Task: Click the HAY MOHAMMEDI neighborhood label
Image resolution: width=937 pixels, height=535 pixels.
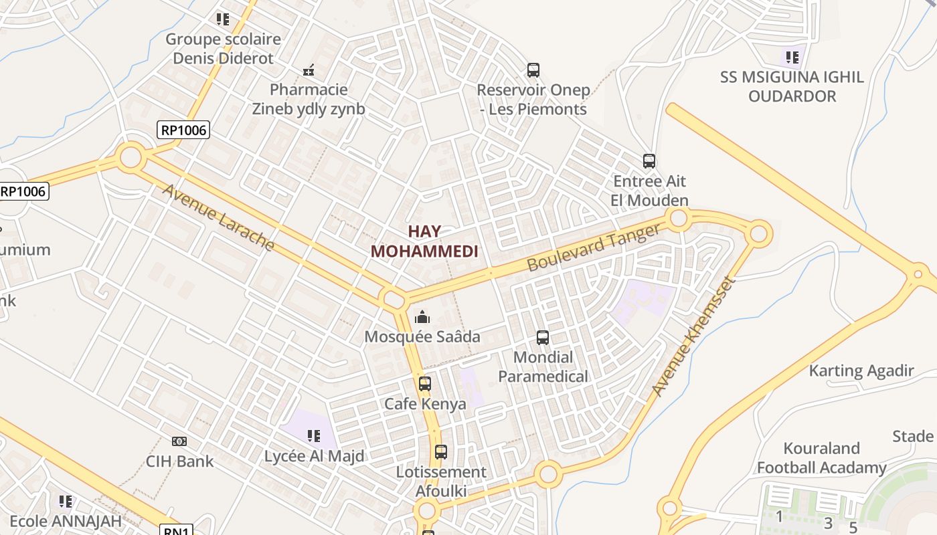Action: coord(424,241)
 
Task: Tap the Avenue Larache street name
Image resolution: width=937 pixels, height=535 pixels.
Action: coord(218,217)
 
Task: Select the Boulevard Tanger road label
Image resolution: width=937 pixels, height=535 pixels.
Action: coord(594,247)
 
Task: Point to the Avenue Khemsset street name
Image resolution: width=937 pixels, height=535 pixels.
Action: coord(693,336)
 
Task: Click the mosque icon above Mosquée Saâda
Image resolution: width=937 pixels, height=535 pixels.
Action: coord(422,316)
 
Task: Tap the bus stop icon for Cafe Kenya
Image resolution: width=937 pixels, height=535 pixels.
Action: coord(425,384)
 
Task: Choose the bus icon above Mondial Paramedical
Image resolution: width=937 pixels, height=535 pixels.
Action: coord(543,338)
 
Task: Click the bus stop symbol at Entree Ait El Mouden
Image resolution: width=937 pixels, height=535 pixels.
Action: coord(649,161)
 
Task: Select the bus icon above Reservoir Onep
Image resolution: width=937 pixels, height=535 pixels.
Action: coord(533,70)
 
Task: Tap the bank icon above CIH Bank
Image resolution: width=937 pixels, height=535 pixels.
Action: coord(179,441)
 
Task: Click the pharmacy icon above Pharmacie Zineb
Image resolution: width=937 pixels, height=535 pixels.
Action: coord(309,70)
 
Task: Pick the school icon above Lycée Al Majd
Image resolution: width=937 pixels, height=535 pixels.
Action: coord(313,437)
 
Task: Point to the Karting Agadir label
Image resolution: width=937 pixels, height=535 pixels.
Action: coord(861,370)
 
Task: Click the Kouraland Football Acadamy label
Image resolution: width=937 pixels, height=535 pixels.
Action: coord(821,458)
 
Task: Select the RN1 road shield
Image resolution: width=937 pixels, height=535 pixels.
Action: coord(177,530)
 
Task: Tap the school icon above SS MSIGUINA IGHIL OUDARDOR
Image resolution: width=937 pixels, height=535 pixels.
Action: coord(792,57)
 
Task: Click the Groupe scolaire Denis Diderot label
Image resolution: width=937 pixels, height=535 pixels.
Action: coord(223,48)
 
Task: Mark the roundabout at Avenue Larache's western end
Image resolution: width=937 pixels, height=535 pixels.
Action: coord(131,158)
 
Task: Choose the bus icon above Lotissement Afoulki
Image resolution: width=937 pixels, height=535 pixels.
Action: coord(440,452)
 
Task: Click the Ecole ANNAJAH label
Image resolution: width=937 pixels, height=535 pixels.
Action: coord(66,520)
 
